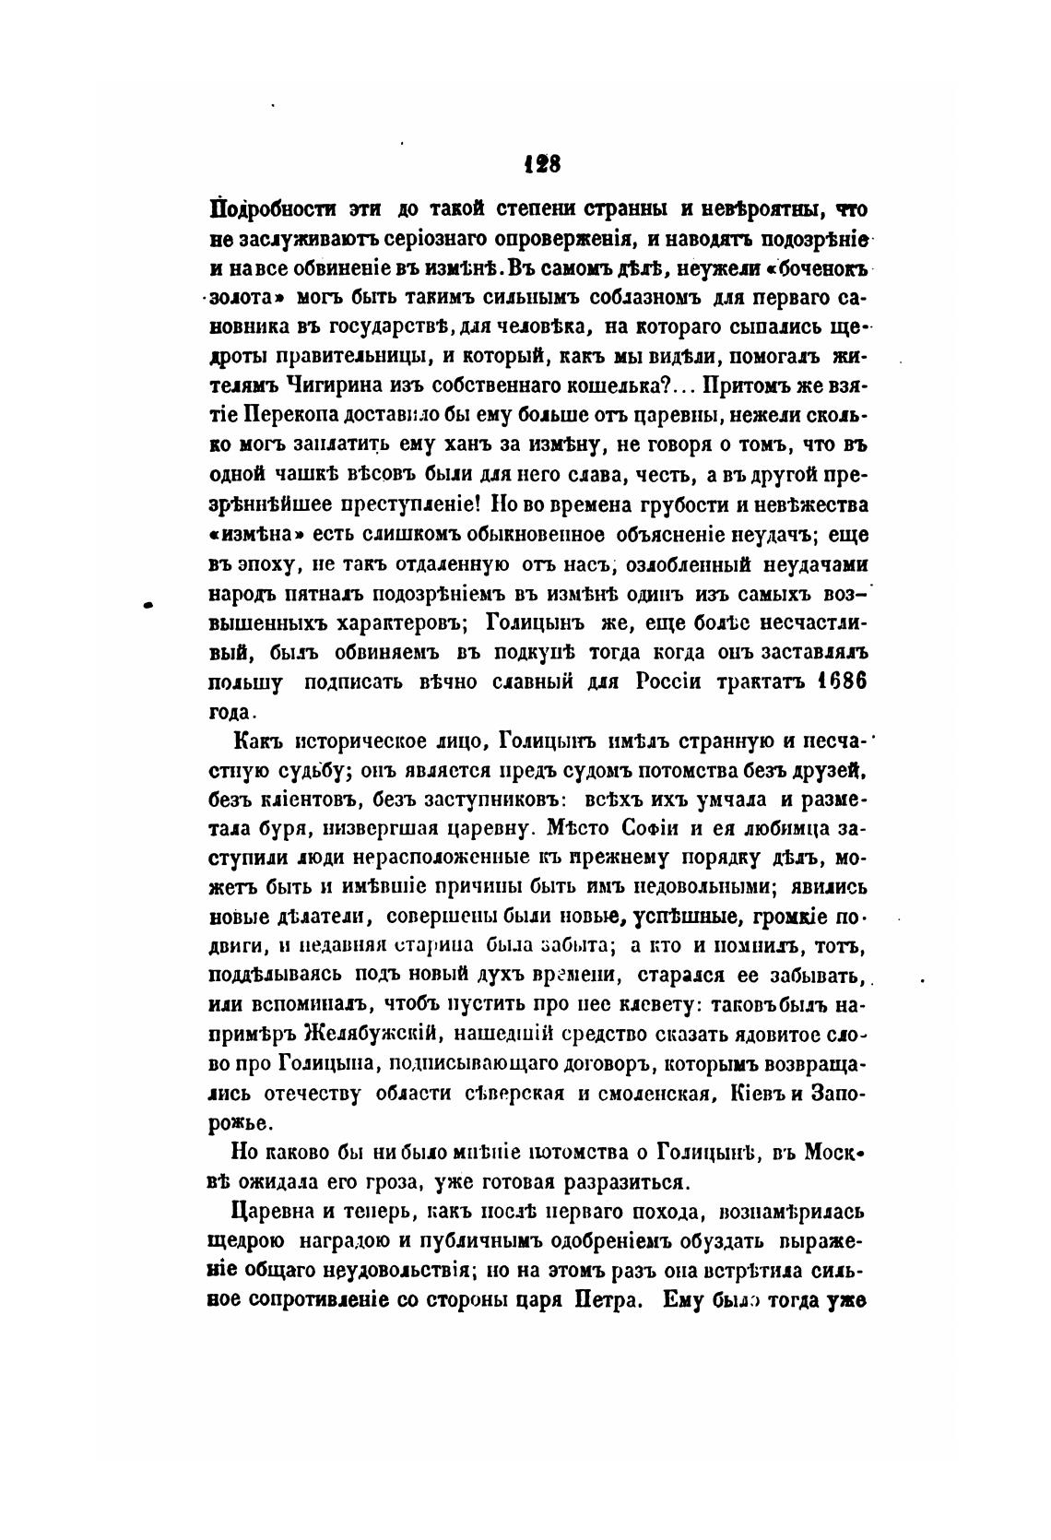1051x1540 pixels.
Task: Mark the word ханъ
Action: [479, 448]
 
